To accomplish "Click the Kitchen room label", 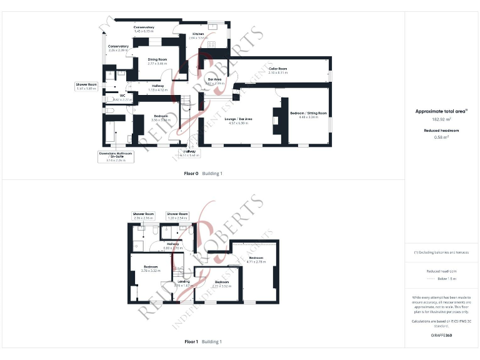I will point(198,34).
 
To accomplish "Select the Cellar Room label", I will point(277,69).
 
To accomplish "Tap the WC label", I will point(122,96).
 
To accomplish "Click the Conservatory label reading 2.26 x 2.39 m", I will point(118,46).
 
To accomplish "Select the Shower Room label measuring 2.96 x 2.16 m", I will point(143,214).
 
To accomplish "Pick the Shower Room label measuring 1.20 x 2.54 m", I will point(177,214).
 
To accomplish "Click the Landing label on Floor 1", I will point(184,282).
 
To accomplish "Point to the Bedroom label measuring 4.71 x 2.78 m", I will point(256,258).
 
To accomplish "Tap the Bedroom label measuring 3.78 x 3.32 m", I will point(149,267).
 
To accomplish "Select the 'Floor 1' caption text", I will point(191,342).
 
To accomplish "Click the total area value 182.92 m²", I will point(442,118).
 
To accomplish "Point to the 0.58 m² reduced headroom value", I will point(442,136).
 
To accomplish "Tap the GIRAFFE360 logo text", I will point(442,336).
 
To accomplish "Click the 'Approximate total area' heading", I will point(441,111).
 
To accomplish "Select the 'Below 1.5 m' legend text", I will point(442,281).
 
